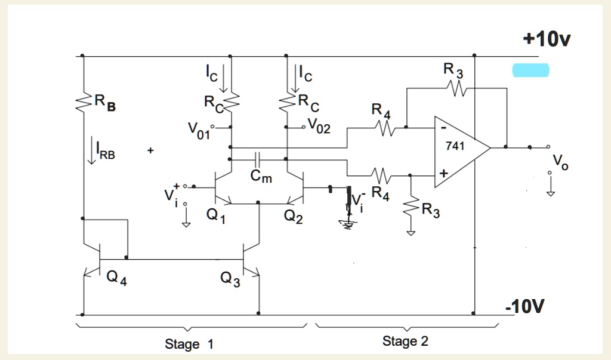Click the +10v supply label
tap(547, 39)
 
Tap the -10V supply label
tap(524, 307)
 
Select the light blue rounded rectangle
tap(530, 71)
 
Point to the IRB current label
tap(104, 154)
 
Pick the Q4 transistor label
tap(116, 279)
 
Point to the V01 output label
tap(199, 130)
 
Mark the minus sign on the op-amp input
tap(443, 127)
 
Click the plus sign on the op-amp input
tap(443, 174)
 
